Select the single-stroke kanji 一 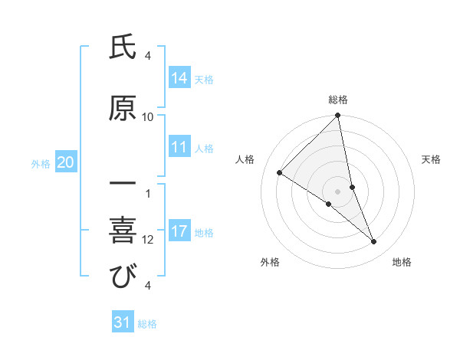coord(122,184)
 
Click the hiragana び coord(122,277)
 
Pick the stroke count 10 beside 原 coord(148,117)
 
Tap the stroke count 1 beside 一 coord(148,193)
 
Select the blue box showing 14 coord(179,77)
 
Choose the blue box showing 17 coord(179,231)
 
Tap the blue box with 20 coord(66,162)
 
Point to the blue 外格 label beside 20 coord(41,163)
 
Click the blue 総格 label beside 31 coord(147,324)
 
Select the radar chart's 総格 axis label coord(338,100)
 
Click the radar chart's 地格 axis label coord(402,262)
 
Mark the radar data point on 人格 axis coord(279,172)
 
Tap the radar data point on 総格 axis coord(338,116)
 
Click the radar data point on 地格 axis coord(374,241)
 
